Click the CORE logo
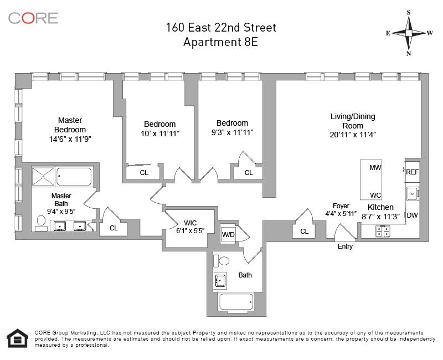(33, 18)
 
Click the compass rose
(409, 33)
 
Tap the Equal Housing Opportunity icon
(18, 338)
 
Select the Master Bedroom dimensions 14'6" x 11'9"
(70, 139)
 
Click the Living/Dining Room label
(353, 121)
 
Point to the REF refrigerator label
(412, 172)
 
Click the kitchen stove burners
(383, 231)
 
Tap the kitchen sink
(413, 193)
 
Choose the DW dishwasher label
(412, 215)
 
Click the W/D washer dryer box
(228, 234)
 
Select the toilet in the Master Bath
(42, 224)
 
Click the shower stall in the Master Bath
(43, 176)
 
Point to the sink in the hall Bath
(220, 280)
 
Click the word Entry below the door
(345, 246)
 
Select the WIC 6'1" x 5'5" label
(190, 227)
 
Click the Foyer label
(341, 205)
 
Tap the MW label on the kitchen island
(375, 168)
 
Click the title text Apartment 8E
(220, 42)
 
